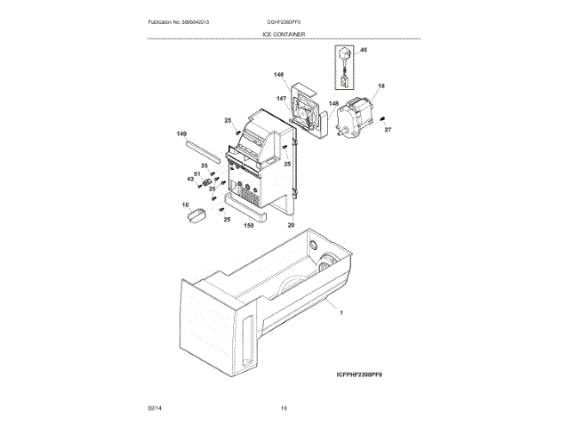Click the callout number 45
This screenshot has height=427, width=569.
tap(363, 52)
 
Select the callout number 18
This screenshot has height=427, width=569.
tap(381, 86)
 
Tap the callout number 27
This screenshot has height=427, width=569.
tap(388, 130)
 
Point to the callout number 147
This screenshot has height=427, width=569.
tap(281, 99)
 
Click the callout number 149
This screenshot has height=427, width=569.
tap(182, 134)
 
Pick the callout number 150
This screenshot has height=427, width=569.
tap(249, 225)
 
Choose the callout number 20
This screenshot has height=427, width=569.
tap(291, 225)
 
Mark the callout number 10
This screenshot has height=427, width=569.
tap(187, 205)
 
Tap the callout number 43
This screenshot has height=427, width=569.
tap(189, 179)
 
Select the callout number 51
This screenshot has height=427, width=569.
tap(198, 173)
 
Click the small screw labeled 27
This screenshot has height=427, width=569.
tap(381, 118)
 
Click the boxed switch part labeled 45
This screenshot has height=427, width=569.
tap(345, 68)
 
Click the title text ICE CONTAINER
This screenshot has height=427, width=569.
tap(284, 34)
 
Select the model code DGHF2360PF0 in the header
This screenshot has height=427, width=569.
tap(284, 20)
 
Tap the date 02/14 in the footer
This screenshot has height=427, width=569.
tap(155, 408)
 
